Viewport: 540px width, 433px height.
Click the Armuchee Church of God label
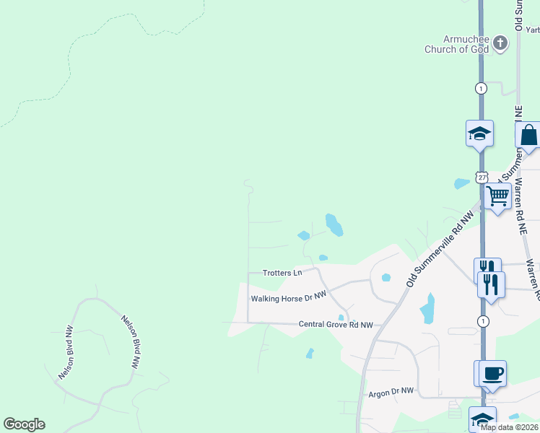456,44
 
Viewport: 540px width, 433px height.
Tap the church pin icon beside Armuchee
500,44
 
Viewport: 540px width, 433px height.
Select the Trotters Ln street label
282,273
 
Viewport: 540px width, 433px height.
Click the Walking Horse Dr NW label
289,297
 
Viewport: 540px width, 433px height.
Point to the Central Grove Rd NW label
336,325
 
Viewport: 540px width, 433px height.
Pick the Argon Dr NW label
391,391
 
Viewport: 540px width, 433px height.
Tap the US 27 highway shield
482,177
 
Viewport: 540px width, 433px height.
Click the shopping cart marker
497,196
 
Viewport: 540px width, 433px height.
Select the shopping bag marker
528,135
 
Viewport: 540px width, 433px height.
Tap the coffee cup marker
492,373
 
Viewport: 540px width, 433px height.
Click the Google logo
24,424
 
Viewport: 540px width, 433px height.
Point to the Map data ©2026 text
509,427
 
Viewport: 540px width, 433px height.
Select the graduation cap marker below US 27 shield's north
479,133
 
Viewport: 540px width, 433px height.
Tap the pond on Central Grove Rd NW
341,318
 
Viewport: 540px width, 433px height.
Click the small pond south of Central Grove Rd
310,354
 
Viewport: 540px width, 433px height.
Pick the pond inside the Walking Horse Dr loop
386,277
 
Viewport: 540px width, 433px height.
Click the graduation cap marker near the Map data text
482,419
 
